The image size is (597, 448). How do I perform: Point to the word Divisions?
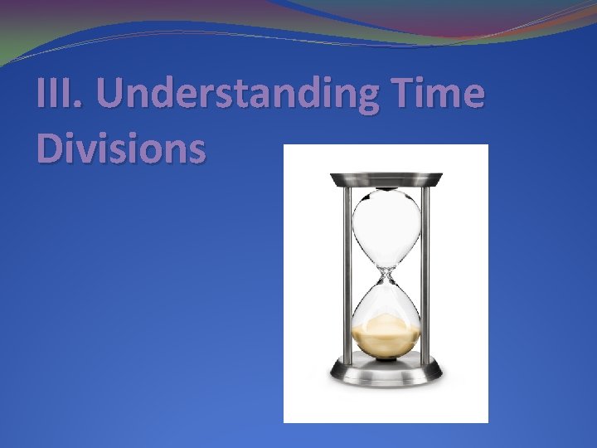120,149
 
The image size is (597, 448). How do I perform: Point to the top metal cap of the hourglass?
386,178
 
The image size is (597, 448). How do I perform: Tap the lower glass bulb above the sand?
386,299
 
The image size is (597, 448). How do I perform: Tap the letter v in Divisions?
89,152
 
